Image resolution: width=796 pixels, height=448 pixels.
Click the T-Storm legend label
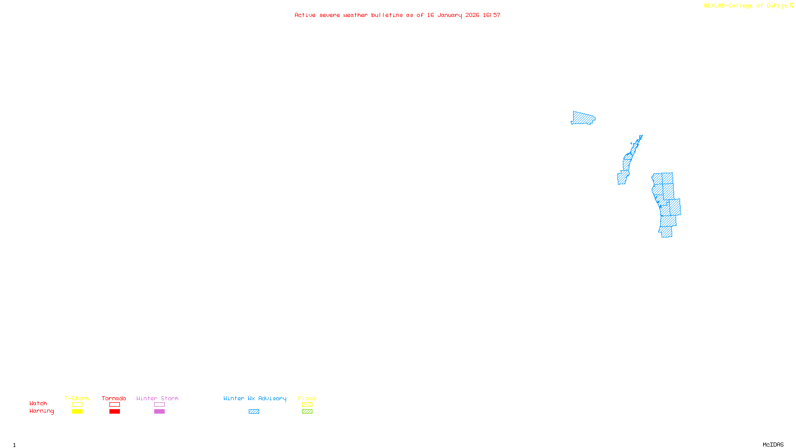click(x=77, y=398)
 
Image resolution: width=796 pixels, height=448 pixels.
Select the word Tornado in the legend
click(x=114, y=398)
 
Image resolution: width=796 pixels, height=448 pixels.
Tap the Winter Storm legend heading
click(x=157, y=398)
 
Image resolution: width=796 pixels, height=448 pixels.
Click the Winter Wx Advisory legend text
click(x=255, y=398)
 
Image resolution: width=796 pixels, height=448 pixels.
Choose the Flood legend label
click(x=307, y=398)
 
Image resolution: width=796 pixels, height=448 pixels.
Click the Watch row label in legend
click(x=38, y=403)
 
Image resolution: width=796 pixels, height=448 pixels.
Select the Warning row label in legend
click(x=41, y=411)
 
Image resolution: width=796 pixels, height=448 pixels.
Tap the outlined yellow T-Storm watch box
click(x=77, y=405)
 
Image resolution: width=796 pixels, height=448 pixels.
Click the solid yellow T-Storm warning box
click(x=77, y=412)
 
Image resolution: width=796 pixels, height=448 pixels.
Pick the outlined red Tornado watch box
click(x=114, y=405)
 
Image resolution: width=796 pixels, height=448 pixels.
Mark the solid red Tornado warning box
click(x=114, y=412)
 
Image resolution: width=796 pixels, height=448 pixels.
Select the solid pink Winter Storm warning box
click(x=159, y=412)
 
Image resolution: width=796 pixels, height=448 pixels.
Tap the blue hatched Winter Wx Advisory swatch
click(x=254, y=412)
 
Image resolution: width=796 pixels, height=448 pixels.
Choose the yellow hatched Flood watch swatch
click(x=307, y=405)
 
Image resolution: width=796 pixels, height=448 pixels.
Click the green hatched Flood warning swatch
click(x=307, y=412)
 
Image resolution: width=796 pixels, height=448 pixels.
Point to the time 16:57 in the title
click(x=492, y=15)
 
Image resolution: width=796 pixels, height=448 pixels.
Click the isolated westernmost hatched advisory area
click(x=583, y=118)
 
